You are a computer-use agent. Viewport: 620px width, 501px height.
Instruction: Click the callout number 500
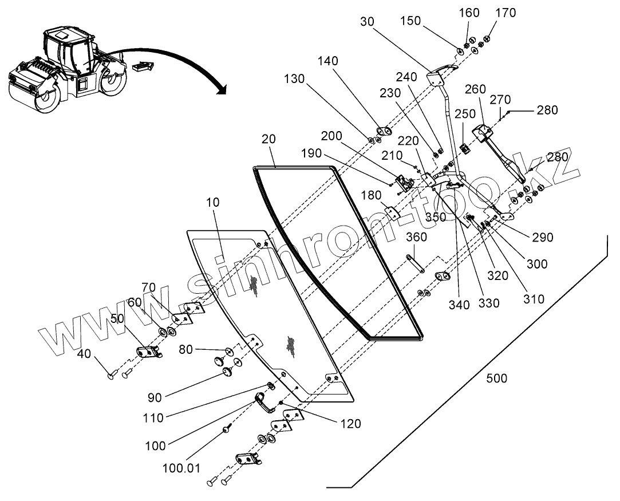coord(496,378)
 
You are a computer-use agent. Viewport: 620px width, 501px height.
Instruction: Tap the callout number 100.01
coord(181,468)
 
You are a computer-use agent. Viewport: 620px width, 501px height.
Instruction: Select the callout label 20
coord(268,139)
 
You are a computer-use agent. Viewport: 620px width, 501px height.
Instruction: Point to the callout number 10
coord(212,202)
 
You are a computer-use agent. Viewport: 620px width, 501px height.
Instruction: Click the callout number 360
coord(416,237)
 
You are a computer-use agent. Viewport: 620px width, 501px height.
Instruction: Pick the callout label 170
coord(506,13)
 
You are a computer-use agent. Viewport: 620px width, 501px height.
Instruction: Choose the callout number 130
coord(294,78)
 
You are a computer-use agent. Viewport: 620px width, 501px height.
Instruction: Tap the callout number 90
coord(155,397)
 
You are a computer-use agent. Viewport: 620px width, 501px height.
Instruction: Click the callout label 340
coord(459,305)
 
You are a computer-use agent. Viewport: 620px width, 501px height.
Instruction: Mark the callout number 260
coord(475,89)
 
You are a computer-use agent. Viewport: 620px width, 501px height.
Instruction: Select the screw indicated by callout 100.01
coord(226,429)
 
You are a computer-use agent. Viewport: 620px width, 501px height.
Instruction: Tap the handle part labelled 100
coord(264,402)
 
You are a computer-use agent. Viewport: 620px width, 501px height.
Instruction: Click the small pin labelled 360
coord(415,263)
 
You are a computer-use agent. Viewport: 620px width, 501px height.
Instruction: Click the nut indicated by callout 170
coord(487,39)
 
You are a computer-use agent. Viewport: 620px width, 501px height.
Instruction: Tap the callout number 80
coord(186,349)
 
